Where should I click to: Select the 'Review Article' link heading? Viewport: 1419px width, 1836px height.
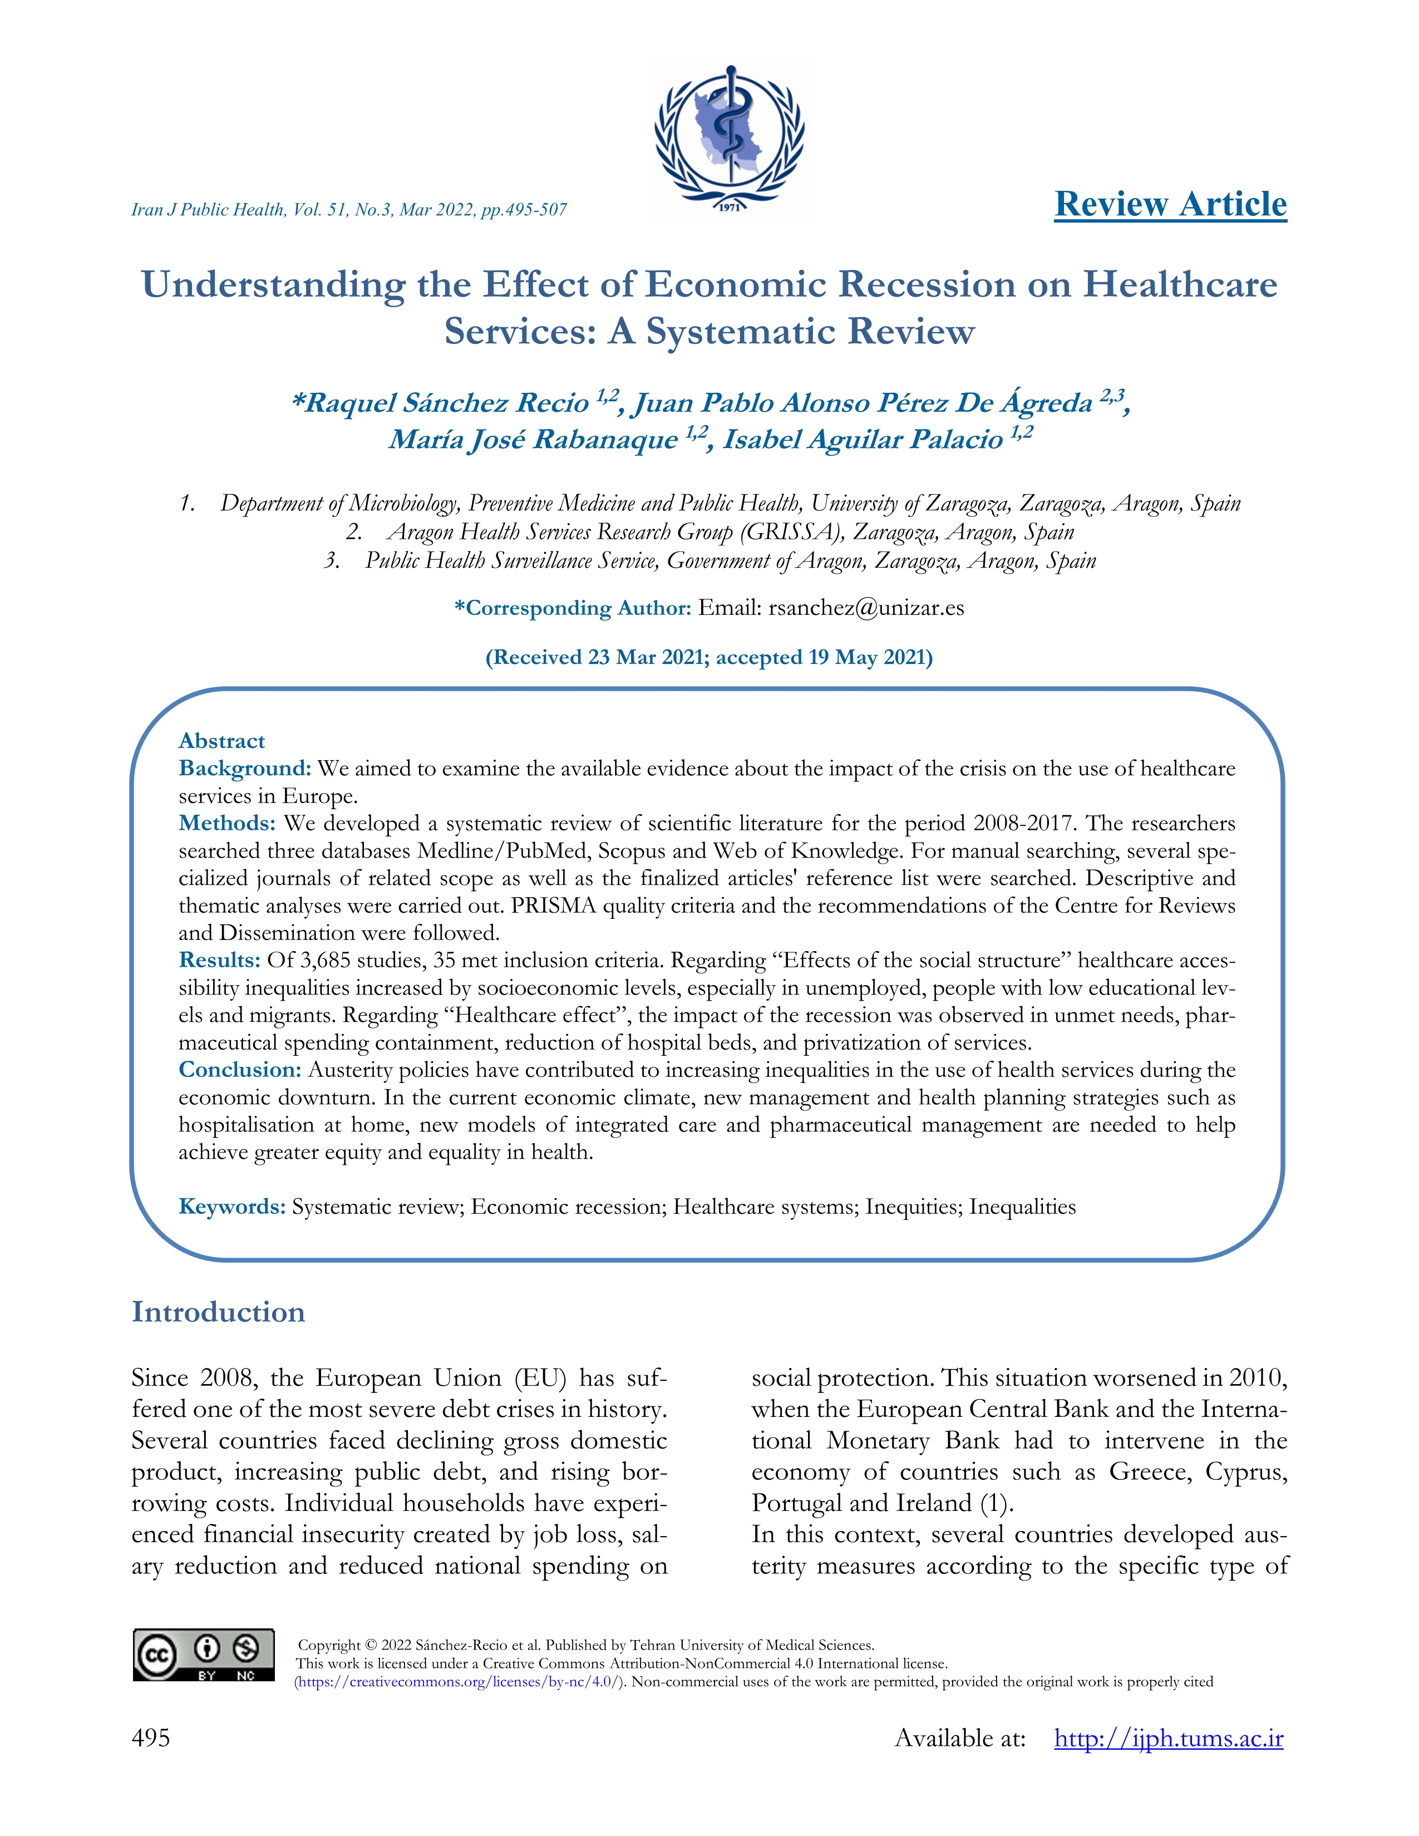pyautogui.click(x=1170, y=204)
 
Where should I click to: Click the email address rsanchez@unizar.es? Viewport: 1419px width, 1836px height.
pyautogui.click(x=866, y=608)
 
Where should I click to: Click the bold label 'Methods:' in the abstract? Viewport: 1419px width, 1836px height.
pyautogui.click(x=227, y=823)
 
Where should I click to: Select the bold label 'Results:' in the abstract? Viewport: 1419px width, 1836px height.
pyautogui.click(x=219, y=960)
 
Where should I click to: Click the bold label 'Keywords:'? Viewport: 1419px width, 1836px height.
pyautogui.click(x=232, y=1207)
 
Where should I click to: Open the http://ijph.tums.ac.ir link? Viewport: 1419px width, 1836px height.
pyautogui.click(x=1169, y=1739)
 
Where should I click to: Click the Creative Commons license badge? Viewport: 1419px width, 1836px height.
pyautogui.click(x=204, y=1655)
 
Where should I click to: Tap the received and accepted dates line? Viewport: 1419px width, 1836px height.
pyautogui.click(x=708, y=657)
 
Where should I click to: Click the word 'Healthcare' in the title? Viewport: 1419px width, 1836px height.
pyautogui.click(x=1179, y=284)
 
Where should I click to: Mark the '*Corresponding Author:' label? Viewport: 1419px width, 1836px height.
pyautogui.click(x=573, y=608)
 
